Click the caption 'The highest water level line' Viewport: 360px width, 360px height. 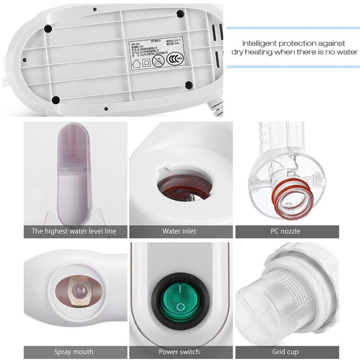pos(74,231)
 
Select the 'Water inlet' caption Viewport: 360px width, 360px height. pos(179,231)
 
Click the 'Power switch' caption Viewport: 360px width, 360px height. pos(179,352)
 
